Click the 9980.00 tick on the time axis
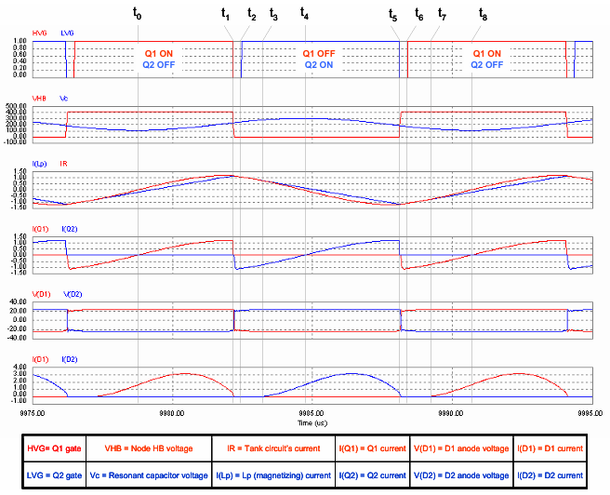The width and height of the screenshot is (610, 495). pyautogui.click(x=172, y=414)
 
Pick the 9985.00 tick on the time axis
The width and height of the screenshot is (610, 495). pyautogui.click(x=312, y=414)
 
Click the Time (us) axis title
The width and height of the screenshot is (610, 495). pyautogui.click(x=312, y=422)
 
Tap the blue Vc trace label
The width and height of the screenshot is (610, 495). pyautogui.click(x=63, y=98)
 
